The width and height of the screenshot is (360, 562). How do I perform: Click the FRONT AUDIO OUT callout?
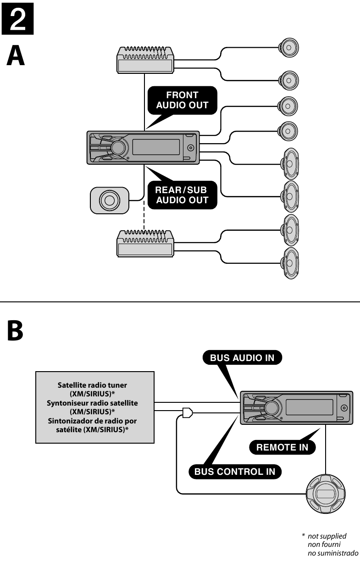(182, 100)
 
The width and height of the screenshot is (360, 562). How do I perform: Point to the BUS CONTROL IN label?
(235, 472)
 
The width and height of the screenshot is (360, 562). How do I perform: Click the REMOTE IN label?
(282, 447)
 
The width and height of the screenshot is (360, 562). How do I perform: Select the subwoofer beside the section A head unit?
(110, 200)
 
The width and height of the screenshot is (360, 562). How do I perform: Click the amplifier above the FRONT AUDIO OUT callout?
(145, 60)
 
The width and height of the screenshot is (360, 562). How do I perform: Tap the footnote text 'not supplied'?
(327, 536)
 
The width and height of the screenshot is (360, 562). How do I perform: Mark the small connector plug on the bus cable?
(187, 413)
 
